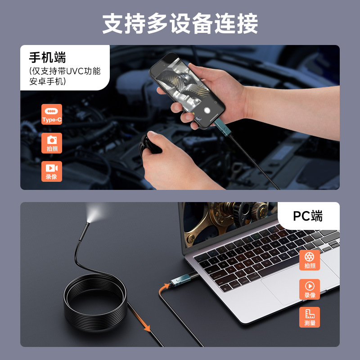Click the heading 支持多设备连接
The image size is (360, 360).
180,23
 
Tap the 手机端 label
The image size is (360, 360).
47,58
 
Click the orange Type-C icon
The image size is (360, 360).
52,114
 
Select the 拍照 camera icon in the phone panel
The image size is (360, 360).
52,143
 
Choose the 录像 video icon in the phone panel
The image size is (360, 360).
52,171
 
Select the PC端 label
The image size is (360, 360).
308,216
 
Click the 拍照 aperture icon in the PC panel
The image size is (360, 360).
310,260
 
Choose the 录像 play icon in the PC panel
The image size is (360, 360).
310,288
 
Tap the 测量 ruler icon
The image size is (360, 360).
310,317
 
